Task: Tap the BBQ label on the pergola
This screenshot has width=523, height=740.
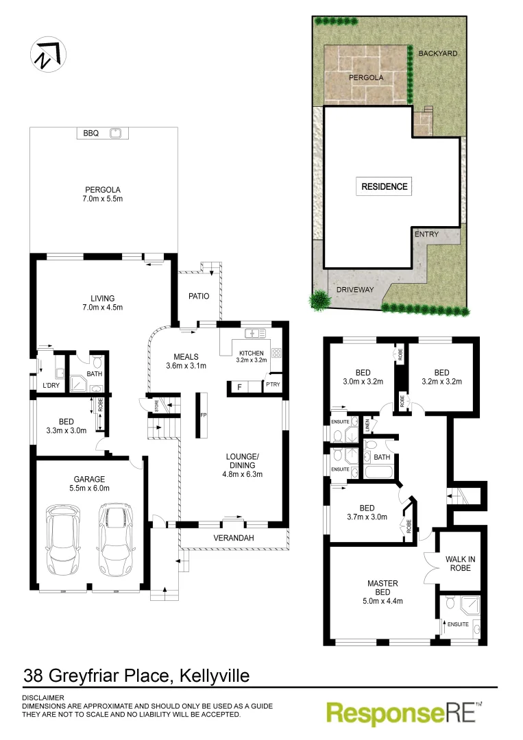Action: tap(91, 134)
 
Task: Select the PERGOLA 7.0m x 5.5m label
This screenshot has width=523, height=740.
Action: tap(103, 195)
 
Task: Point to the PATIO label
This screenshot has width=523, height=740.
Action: tap(199, 297)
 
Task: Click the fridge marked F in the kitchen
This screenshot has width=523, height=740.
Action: tap(239, 388)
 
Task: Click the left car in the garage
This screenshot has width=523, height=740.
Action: tap(64, 540)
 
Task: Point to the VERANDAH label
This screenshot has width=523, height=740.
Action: tap(234, 539)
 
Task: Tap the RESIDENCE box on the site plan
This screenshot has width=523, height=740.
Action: tap(385, 186)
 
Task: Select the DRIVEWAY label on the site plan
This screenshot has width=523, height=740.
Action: tap(355, 290)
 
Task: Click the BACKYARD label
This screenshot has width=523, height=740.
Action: tap(437, 53)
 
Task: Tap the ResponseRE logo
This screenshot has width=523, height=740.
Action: tap(404, 713)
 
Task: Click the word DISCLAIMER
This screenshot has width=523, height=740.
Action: tap(44, 698)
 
